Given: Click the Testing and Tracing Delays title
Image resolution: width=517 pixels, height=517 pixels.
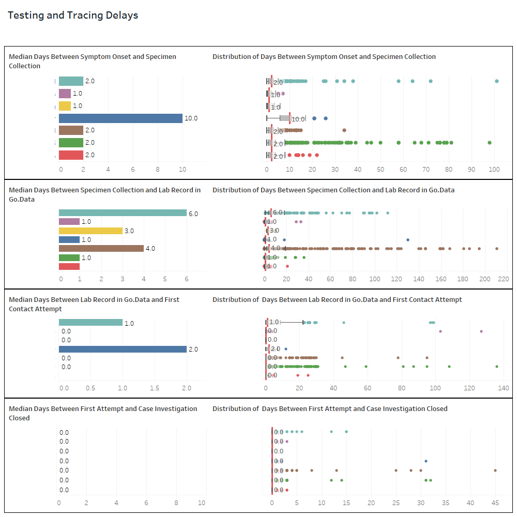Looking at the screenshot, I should pyautogui.click(x=73, y=16).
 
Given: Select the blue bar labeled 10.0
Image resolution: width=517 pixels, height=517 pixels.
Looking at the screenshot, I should pyautogui.click(x=120, y=118).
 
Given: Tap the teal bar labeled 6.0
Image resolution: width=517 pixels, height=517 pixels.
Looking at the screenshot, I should pyautogui.click(x=123, y=213).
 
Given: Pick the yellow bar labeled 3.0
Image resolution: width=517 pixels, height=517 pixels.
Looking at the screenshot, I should pyautogui.click(x=90, y=231).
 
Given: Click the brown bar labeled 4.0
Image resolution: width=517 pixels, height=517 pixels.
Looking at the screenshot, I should pyautogui.click(x=101, y=248).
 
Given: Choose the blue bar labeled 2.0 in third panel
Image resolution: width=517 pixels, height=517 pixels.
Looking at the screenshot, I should pyautogui.click(x=123, y=349).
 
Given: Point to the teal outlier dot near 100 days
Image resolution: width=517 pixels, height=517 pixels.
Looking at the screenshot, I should pyautogui.click(x=497, y=81).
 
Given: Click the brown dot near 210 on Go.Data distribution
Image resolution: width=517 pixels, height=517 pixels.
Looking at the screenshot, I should pyautogui.click(x=497, y=249).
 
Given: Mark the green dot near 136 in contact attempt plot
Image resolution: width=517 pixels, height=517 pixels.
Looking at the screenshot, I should pyautogui.click(x=497, y=367).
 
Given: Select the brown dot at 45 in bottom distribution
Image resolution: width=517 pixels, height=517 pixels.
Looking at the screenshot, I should pyautogui.click(x=495, y=470).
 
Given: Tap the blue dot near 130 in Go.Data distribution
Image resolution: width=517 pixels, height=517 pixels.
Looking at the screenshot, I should pyautogui.click(x=408, y=240).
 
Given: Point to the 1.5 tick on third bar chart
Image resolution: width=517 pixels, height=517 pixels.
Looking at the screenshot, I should pyautogui.click(x=155, y=388).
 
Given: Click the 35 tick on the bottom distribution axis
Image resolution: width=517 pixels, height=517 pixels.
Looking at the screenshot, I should pyautogui.click(x=446, y=503).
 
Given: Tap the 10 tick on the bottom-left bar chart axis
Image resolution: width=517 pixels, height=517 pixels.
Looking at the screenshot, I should pyautogui.click(x=202, y=503).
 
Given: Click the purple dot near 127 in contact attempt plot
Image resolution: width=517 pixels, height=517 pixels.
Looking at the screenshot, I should pyautogui.click(x=481, y=331).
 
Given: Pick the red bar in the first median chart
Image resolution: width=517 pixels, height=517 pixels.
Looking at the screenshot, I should pyautogui.click(x=71, y=155).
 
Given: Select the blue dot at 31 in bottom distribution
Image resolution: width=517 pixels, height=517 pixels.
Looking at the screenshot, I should pyautogui.click(x=426, y=461).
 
